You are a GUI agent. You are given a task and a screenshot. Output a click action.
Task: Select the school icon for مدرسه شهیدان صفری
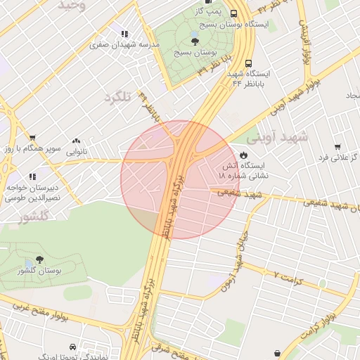[124, 34]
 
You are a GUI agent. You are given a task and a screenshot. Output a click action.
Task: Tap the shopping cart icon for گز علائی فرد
[337, 147]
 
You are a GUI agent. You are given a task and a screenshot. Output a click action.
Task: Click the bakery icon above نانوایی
[76, 140]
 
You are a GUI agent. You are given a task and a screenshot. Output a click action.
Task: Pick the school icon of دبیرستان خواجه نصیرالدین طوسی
[31, 176]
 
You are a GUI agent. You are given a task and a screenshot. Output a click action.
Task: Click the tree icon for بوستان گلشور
[39, 259]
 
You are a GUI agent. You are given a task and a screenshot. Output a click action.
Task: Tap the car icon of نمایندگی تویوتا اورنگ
[72, 347]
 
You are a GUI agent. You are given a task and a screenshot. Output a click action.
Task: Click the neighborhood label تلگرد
[117, 97]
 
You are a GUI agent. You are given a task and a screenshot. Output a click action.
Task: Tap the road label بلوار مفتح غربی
[42, 309]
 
